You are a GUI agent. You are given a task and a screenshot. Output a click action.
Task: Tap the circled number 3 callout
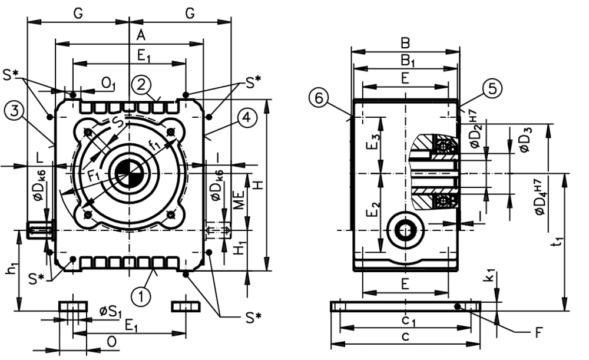point(13,110)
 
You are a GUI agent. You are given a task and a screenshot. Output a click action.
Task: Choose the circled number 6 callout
point(319,98)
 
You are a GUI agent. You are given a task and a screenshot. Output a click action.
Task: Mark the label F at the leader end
point(537,333)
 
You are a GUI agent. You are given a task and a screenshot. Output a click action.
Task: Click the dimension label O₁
point(107,84)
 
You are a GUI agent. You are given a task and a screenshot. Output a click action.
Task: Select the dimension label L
point(39,158)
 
